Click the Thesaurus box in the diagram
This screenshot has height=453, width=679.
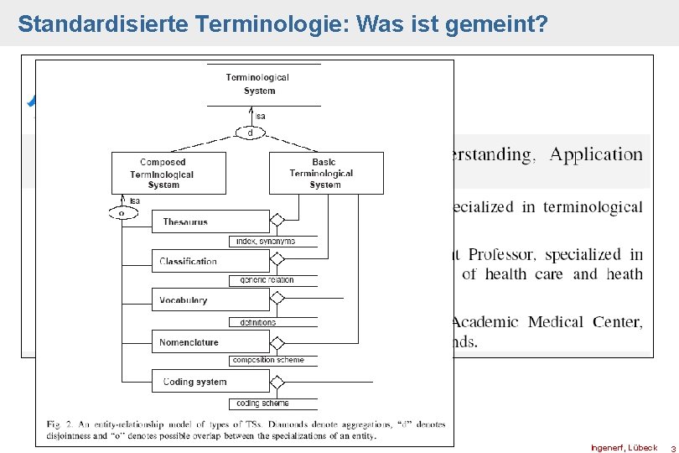[x=210, y=221]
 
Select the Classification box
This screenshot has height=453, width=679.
[x=210, y=261]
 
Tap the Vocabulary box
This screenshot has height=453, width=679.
[x=210, y=300]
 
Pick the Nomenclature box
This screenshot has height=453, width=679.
[x=210, y=341]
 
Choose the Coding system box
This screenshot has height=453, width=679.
[x=210, y=382]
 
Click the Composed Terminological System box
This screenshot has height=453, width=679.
[x=168, y=173]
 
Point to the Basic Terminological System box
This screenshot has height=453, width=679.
[x=326, y=173]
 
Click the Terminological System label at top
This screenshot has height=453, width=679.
[x=258, y=84]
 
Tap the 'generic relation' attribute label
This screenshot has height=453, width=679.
[x=267, y=280]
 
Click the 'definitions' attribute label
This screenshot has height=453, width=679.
[x=257, y=322]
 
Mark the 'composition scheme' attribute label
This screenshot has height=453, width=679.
[x=268, y=360]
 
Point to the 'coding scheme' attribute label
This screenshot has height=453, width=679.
[x=262, y=404]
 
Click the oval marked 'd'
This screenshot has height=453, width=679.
[x=250, y=133]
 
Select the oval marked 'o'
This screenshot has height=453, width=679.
[x=122, y=213]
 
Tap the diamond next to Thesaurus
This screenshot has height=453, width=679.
[x=277, y=221]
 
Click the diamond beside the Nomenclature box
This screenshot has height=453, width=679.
[x=277, y=341]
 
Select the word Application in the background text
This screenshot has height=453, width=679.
[x=596, y=154]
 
